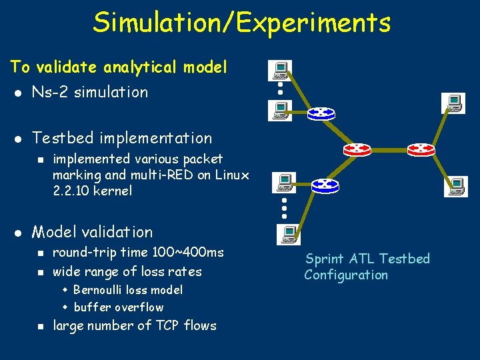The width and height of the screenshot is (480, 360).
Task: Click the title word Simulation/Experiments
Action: tap(241, 23)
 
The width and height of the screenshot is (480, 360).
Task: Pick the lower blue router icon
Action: tap(325, 184)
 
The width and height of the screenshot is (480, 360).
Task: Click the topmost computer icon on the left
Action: tap(280, 71)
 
